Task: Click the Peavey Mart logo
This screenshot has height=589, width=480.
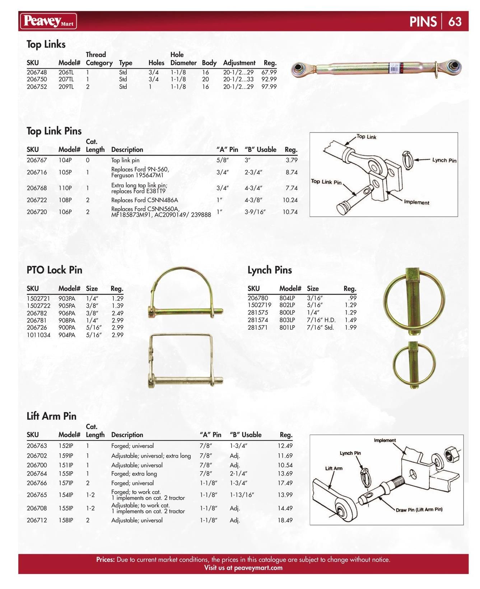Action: tap(48, 21)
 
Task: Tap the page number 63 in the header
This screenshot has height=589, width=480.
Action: tap(455, 22)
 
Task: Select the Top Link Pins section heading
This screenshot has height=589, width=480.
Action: tap(54, 131)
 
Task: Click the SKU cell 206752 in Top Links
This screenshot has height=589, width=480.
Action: tap(37, 87)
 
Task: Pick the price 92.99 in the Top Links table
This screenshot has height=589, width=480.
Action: tap(269, 79)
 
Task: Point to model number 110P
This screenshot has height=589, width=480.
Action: tap(65, 188)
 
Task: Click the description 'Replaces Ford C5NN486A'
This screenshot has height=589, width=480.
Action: tap(144, 200)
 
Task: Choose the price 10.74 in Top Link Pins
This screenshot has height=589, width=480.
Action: tap(290, 212)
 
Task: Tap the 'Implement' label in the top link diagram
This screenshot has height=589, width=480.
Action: tap(416, 202)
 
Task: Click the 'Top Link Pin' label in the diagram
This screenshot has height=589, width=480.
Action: tap(326, 182)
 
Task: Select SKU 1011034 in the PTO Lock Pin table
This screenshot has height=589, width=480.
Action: tap(38, 335)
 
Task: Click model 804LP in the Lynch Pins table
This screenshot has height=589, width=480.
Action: tap(287, 298)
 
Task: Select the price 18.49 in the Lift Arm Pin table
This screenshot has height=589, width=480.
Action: tap(285, 520)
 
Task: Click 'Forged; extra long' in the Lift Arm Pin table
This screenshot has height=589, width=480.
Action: tap(134, 474)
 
